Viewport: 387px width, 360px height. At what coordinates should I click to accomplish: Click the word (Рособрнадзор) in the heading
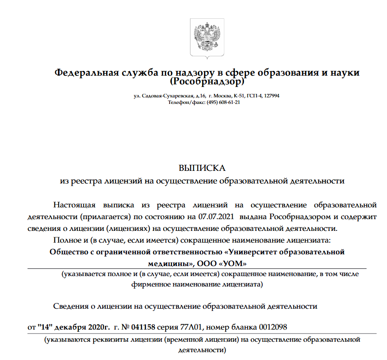207,81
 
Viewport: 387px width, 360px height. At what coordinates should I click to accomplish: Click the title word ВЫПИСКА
202,168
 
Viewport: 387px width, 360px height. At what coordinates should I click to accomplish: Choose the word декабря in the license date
70,327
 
